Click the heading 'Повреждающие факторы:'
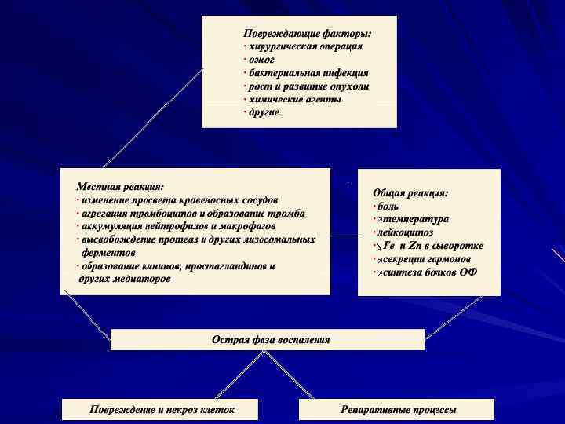pos(307,34)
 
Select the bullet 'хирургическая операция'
pos(305,46)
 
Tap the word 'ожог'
pos(262,60)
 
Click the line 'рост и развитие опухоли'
pos(309,86)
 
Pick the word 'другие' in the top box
pos(264,112)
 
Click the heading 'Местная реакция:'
pos(120,187)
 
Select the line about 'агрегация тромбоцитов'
pos(193,214)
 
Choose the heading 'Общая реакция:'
pos(410,192)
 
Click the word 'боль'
pos(388,206)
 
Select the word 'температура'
pos(415,219)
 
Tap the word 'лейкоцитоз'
pos(405,232)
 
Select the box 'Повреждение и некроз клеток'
pos(162,410)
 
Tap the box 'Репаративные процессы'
pos(398,410)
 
